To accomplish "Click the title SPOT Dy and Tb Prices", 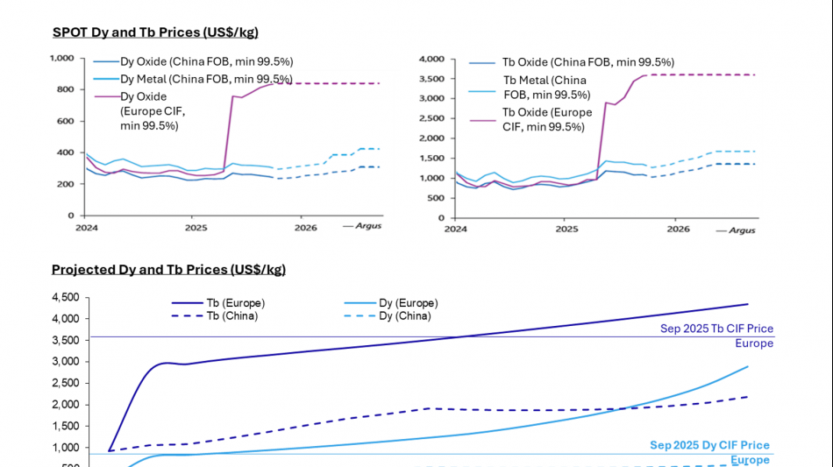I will click(155, 32).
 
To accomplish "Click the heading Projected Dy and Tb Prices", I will click(168, 269).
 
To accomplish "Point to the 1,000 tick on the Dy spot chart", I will click(61, 58).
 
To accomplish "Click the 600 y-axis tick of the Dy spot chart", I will click(64, 121).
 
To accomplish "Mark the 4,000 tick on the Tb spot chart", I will click(433, 59).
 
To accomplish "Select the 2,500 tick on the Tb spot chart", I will click(433, 118).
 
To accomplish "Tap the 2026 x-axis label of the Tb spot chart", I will click(678, 229).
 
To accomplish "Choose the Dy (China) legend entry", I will click(404, 315).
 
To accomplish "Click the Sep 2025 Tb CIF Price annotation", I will click(716, 329).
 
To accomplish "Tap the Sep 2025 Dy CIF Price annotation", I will click(709, 445).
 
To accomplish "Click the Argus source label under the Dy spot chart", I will click(367, 225).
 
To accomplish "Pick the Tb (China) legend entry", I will click(229, 315).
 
